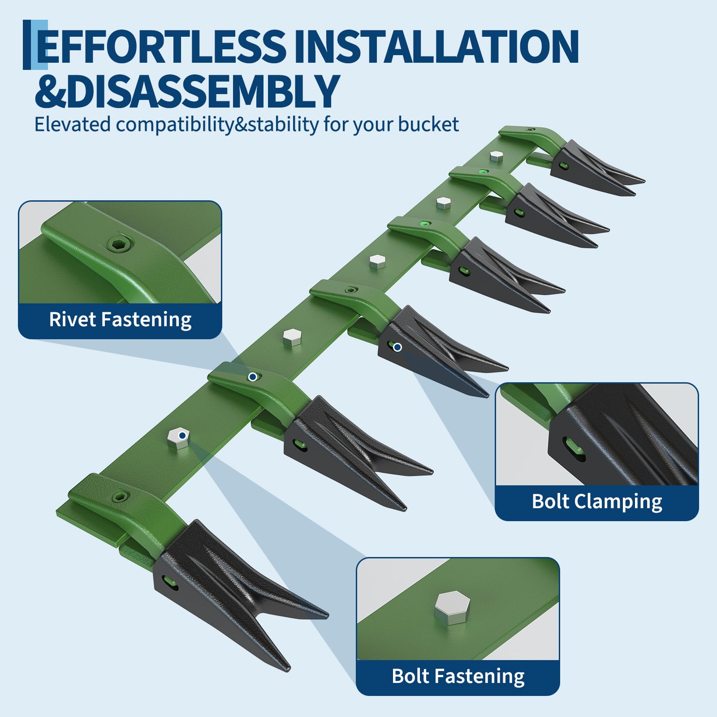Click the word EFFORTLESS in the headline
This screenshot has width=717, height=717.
(161, 46)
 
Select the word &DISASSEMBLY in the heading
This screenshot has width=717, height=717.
(187, 91)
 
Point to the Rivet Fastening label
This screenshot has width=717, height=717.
(120, 320)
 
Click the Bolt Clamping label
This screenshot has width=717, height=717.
(597, 502)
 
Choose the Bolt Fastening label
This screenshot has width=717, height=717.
(458, 677)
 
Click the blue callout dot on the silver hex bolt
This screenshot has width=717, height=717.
(182, 435)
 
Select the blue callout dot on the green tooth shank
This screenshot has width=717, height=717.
(253, 377)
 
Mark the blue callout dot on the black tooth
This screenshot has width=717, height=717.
(397, 347)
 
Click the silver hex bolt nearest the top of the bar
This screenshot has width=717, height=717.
(496, 156)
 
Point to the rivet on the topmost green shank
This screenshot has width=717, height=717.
(530, 130)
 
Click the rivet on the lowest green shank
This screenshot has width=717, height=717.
(121, 496)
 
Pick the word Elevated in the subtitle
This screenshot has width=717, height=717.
(73, 125)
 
